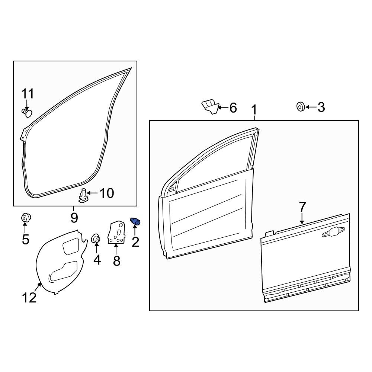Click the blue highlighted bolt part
[135, 221]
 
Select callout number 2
[135, 242]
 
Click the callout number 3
[321, 107]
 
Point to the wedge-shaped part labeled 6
[210, 107]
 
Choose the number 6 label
[233, 108]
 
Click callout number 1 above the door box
[254, 110]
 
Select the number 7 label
[302, 207]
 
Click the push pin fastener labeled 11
[27, 113]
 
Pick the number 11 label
[28, 94]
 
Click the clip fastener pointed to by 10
[83, 196]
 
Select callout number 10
[106, 193]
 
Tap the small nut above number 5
[25, 218]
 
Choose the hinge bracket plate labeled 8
[116, 233]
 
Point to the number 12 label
[29, 298]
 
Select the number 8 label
[116, 261]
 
